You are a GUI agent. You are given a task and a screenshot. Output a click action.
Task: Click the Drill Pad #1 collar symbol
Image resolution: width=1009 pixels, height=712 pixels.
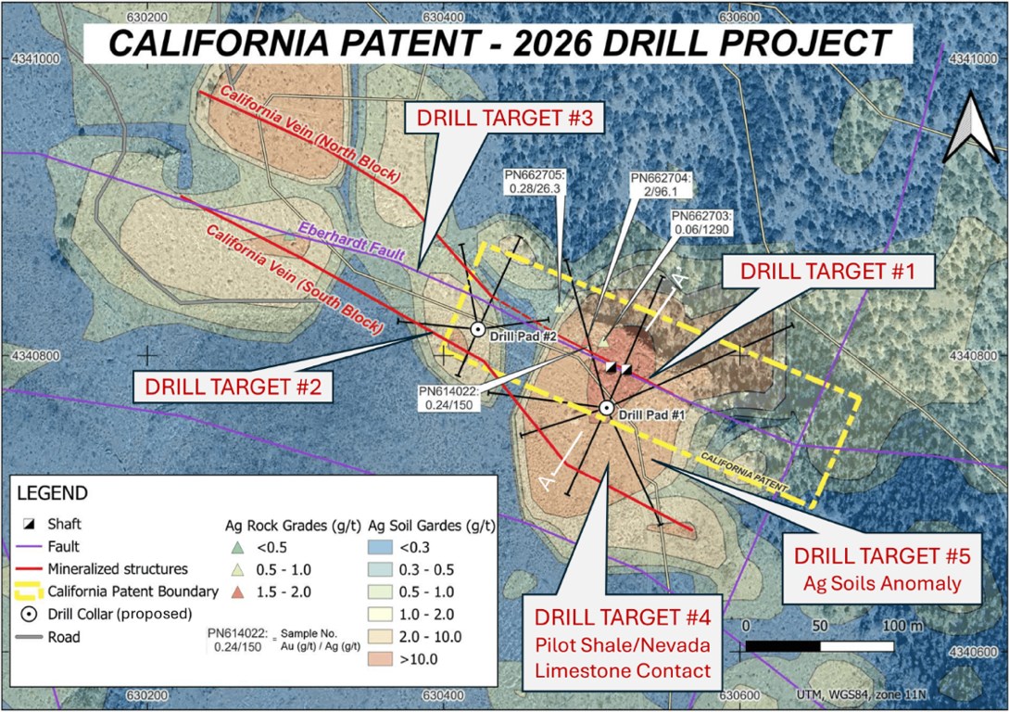606,408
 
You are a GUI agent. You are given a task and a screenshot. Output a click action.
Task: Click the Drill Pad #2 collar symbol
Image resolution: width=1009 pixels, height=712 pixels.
477,329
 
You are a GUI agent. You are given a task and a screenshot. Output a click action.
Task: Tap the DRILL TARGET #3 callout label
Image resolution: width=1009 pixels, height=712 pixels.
504,118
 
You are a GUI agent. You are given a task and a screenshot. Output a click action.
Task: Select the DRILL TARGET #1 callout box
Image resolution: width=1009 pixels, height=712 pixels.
827,271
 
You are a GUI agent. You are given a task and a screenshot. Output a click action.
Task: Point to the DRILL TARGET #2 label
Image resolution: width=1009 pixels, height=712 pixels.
233,387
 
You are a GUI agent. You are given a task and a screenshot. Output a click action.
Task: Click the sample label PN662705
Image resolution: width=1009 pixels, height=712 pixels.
534,182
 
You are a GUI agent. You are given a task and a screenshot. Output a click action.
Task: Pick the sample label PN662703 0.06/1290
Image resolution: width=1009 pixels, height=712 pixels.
701,222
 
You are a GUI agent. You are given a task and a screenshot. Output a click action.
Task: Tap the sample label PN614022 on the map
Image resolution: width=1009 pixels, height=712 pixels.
449,398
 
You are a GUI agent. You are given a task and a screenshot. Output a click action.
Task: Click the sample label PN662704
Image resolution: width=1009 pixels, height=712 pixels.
661,184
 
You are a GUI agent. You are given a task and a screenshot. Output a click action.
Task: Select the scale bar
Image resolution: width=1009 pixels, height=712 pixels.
818,645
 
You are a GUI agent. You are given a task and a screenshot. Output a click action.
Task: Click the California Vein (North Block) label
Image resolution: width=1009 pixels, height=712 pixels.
310,133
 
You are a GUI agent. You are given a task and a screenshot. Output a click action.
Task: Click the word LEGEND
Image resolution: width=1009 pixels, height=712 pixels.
52,494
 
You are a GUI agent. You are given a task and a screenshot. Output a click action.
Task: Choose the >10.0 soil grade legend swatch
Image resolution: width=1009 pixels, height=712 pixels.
380,658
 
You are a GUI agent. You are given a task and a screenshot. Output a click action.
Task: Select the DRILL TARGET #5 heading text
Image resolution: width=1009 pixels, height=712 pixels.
881,556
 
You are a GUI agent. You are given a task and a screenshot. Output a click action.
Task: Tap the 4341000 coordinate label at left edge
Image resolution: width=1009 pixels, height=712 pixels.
35,58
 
